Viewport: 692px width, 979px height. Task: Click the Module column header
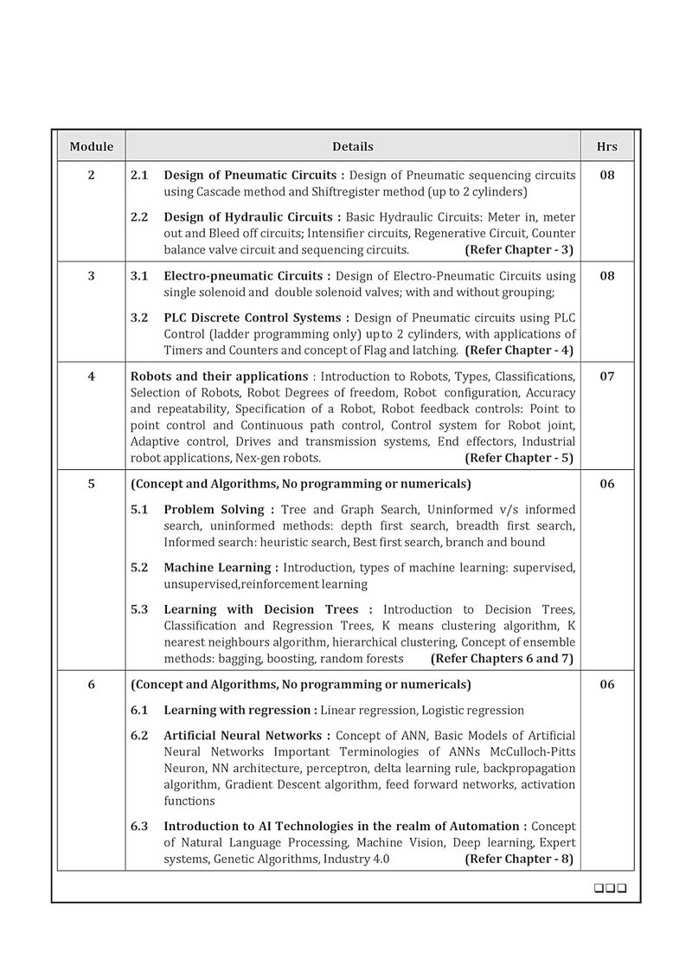tap(92, 146)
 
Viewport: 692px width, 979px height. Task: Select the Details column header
tap(353, 146)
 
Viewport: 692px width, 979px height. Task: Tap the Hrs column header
tap(607, 146)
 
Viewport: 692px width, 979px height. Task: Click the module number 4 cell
tap(92, 377)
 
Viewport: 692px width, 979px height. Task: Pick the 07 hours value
tap(607, 377)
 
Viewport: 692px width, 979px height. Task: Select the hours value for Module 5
tap(607, 484)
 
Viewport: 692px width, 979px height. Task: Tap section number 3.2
tap(139, 317)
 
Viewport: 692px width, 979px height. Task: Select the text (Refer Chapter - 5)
tap(519, 458)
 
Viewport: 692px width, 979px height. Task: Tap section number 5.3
tap(139, 609)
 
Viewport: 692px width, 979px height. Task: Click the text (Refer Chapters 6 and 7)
tap(502, 658)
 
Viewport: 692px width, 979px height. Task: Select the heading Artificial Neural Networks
tap(247, 735)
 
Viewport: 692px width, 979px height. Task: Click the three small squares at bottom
tap(610, 888)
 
